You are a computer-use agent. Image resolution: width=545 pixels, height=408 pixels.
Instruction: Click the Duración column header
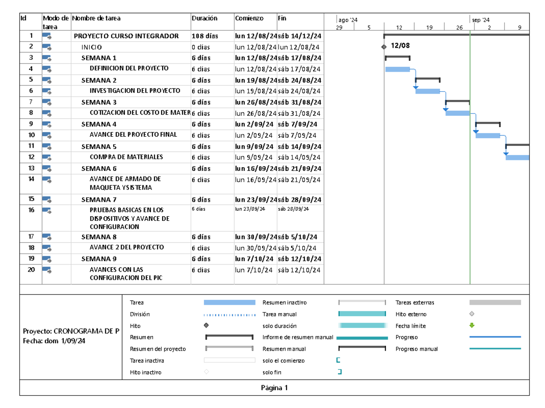click(x=204, y=19)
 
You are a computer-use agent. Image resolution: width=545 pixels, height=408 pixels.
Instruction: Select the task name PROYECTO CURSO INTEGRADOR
click(x=126, y=36)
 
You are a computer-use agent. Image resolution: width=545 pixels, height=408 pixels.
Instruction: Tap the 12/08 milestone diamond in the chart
click(x=384, y=47)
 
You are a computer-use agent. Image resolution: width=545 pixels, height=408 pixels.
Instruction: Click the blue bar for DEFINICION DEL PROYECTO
click(x=397, y=69)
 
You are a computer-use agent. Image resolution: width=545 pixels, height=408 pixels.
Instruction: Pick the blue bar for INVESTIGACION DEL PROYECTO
click(x=427, y=91)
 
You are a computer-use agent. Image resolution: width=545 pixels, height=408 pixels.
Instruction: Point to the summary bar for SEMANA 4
click(x=488, y=123)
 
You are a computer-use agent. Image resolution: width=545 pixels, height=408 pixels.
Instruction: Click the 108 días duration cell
click(x=204, y=36)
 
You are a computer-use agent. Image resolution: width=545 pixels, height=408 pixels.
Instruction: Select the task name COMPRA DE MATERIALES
click(x=126, y=157)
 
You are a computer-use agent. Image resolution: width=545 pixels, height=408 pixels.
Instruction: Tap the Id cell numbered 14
click(x=31, y=179)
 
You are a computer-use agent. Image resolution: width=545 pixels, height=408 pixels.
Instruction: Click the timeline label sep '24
click(x=481, y=20)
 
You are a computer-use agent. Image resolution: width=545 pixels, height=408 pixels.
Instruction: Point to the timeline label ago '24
click(x=348, y=20)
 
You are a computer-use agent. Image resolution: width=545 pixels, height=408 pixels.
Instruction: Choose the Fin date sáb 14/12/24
click(x=299, y=36)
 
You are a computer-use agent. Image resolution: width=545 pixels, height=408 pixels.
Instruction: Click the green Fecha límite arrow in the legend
click(x=472, y=325)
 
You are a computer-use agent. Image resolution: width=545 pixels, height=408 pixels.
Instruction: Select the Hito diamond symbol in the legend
click(x=206, y=325)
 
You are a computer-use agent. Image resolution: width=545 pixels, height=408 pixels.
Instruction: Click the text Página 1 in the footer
click(x=274, y=388)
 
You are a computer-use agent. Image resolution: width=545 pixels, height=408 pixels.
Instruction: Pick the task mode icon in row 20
click(x=47, y=270)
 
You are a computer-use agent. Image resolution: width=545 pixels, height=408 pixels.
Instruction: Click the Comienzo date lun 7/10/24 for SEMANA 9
click(x=254, y=259)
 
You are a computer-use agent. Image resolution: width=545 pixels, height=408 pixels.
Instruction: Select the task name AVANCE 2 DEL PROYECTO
click(x=127, y=248)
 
